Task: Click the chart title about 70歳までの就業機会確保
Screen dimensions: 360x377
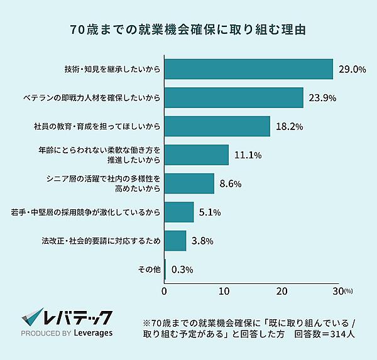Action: pyautogui.click(x=188, y=30)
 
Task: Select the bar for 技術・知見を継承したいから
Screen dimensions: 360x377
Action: pyautogui.click(x=248, y=68)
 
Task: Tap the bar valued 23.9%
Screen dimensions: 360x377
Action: pyautogui.click(x=234, y=97)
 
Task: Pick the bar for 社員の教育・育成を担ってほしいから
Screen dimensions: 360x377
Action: pyautogui.click(x=217, y=126)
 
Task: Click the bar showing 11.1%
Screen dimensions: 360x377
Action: pyautogui.click(x=196, y=155)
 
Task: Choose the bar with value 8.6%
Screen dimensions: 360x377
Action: pyautogui.click(x=189, y=183)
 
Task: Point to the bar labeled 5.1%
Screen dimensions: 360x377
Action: pyautogui.click(x=179, y=212)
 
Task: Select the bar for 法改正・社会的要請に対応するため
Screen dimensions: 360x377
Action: pyautogui.click(x=175, y=241)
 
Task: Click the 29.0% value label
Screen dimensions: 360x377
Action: pyautogui.click(x=352, y=69)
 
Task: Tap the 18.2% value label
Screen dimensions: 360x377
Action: pyautogui.click(x=290, y=126)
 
